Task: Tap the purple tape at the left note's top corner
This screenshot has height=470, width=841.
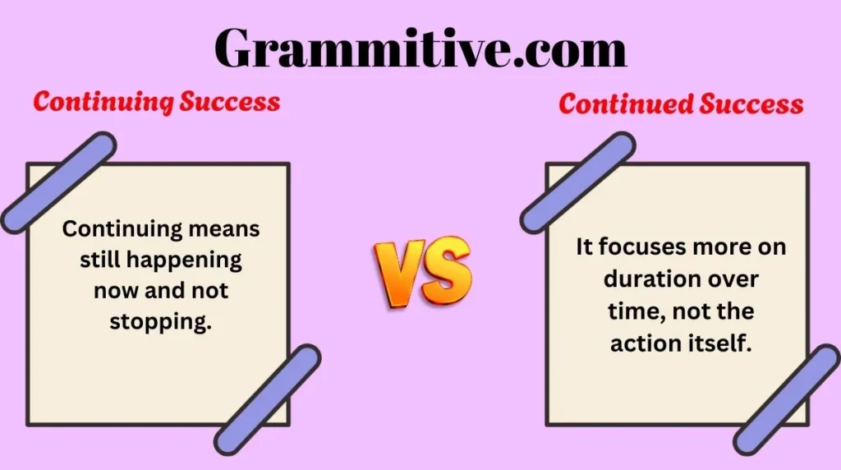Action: (x=58, y=182)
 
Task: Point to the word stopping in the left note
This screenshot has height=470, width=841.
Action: (x=161, y=321)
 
